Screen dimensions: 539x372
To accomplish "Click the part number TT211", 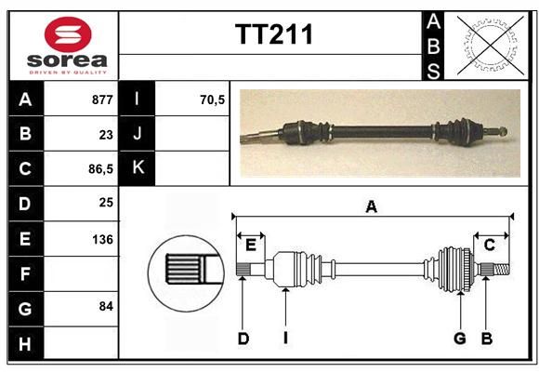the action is pyautogui.click(x=274, y=34).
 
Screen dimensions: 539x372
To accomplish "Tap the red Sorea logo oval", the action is pyautogui.click(x=68, y=34).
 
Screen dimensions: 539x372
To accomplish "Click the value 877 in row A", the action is pyautogui.click(x=102, y=100).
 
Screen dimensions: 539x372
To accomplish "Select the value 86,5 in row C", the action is pyautogui.click(x=100, y=169).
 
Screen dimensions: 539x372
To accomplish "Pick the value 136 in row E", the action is pyautogui.click(x=102, y=239).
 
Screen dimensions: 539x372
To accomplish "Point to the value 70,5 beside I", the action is pyautogui.click(x=212, y=100).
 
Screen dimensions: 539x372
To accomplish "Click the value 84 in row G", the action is pyautogui.click(x=106, y=306).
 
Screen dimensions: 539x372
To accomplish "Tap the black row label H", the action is pyautogui.click(x=26, y=344).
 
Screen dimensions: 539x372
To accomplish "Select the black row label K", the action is pyautogui.click(x=137, y=167).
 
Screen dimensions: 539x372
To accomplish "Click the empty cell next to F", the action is pyautogui.click(x=81, y=274).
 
